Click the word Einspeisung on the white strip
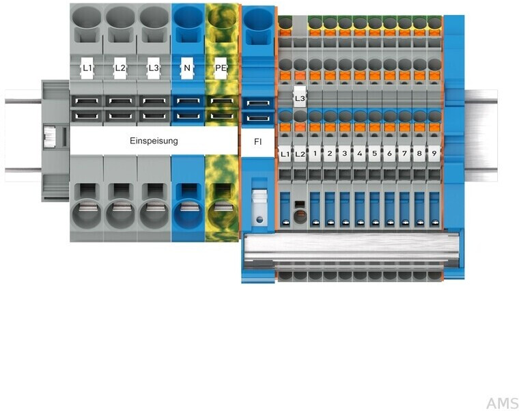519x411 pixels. tap(154, 141)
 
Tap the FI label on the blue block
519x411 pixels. tap(256, 142)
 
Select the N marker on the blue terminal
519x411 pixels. tap(186, 68)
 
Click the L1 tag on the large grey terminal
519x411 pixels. tap(87, 68)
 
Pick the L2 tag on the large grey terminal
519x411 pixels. tap(120, 68)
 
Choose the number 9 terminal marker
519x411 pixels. tap(434, 154)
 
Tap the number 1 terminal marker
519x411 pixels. tap(315, 154)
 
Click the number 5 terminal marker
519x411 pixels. tap(374, 154)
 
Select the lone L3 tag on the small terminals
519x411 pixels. tap(300, 98)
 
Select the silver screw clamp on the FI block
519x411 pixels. tap(257, 205)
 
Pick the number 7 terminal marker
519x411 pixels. tap(404, 154)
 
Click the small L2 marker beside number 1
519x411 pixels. tap(300, 154)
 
